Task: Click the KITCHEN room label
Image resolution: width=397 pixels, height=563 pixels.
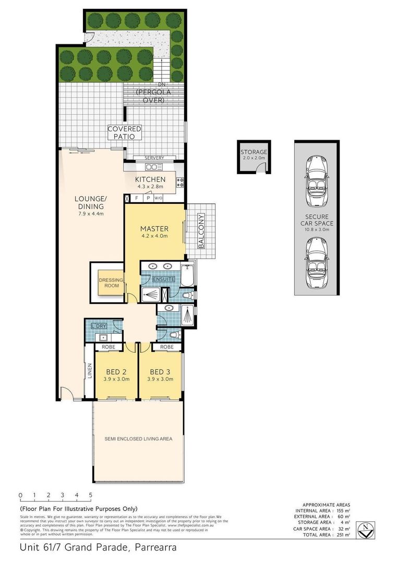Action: (x=150, y=179)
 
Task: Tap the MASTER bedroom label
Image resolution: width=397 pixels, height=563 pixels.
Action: (x=154, y=229)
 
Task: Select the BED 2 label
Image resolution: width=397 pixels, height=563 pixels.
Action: (x=116, y=372)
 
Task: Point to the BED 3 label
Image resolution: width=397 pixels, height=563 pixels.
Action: (x=160, y=372)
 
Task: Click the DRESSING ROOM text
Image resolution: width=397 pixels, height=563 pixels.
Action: (x=111, y=283)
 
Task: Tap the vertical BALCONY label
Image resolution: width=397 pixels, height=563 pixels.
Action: (x=201, y=231)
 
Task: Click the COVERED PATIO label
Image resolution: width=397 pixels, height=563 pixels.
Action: (x=125, y=132)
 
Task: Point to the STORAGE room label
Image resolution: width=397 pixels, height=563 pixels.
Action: (x=254, y=152)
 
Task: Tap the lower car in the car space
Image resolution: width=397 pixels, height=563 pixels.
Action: (x=318, y=263)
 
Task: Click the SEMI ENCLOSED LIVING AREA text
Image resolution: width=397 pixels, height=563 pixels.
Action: (x=138, y=439)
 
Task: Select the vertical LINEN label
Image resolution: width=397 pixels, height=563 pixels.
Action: (x=90, y=371)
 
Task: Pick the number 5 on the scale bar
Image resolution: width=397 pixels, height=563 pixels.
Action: (x=90, y=495)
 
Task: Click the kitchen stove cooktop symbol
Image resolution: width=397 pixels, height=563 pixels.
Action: (x=181, y=182)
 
